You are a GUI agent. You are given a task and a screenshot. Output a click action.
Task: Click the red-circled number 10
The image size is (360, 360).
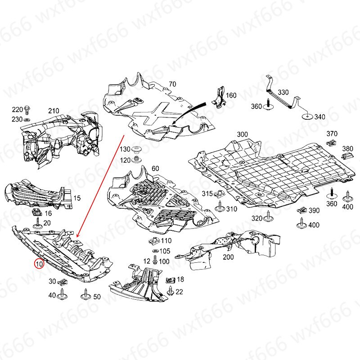click(x=39, y=264)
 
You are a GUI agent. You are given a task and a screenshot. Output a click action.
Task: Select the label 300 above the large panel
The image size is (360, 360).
click(x=243, y=135)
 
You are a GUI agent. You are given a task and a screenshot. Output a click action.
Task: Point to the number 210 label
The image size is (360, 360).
click(x=54, y=111)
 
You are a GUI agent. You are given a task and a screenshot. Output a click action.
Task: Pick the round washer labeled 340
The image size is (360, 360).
click(x=307, y=117)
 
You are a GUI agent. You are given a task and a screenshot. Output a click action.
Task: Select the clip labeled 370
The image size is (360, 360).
click(x=332, y=142)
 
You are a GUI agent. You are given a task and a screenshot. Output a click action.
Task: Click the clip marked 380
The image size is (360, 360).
click(x=347, y=156)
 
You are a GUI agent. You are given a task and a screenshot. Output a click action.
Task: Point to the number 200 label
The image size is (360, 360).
click(x=228, y=257)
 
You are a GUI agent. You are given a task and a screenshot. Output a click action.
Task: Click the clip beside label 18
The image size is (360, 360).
click(x=170, y=280)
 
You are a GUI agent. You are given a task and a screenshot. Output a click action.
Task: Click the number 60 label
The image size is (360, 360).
click(x=155, y=168)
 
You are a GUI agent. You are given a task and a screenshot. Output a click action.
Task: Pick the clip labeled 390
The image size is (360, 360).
click(x=302, y=210)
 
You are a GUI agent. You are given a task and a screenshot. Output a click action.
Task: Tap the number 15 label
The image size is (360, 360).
click(x=77, y=198)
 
